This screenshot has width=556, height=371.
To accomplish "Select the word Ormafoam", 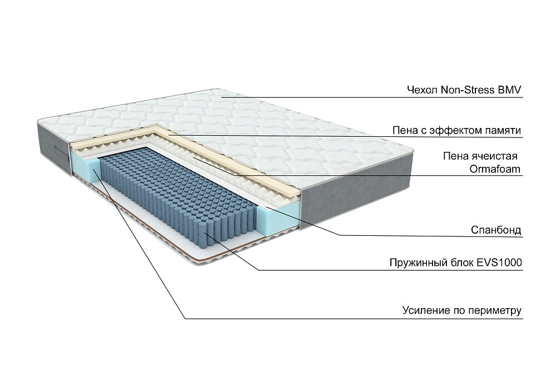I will [497, 169].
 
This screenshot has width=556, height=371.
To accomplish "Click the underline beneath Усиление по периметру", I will [356, 319].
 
